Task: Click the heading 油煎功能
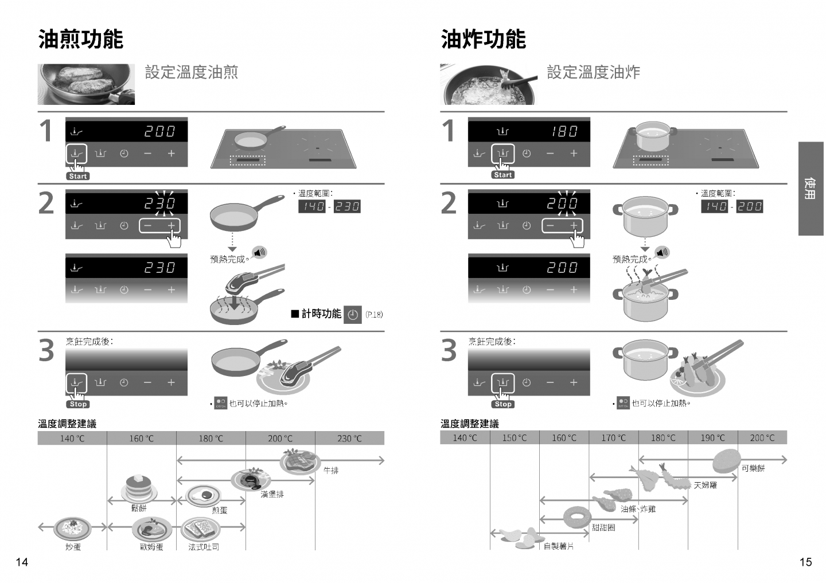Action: tap(80, 40)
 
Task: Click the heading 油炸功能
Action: tap(483, 40)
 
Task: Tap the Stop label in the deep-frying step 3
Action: tap(503, 404)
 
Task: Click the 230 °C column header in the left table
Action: tap(349, 439)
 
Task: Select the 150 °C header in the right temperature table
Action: tap(515, 438)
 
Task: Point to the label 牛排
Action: tap(331, 471)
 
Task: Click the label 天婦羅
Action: tap(705, 485)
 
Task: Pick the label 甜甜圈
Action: tap(603, 527)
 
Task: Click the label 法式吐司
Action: tap(204, 547)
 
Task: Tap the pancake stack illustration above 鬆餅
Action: tap(138, 488)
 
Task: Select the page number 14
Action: tap(21, 562)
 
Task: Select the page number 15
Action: tap(805, 562)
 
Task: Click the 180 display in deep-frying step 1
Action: tap(564, 131)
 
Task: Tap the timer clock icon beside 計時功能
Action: tap(353, 315)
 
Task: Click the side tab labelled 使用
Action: tap(811, 189)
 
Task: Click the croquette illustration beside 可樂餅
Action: tap(726, 459)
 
